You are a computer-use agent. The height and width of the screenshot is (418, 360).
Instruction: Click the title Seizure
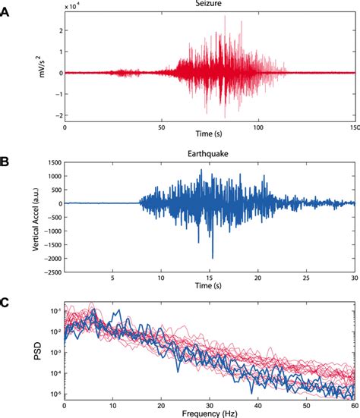(x=210, y=5)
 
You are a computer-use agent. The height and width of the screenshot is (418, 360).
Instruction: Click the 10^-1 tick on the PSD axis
(x=54, y=311)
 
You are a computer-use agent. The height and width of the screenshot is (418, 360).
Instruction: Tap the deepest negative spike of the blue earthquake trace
(x=213, y=258)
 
